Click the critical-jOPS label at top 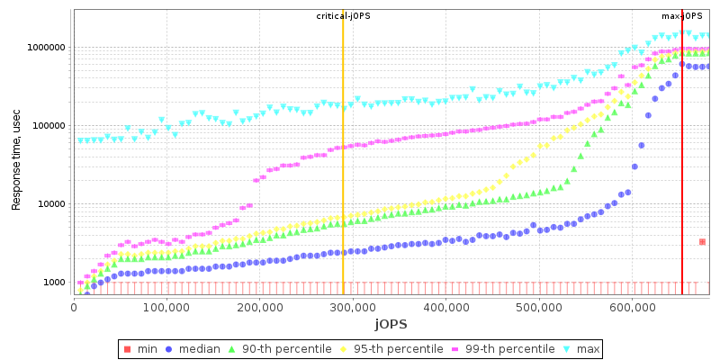coord(342,16)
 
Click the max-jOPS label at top coord(682,16)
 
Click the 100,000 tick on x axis coord(166,308)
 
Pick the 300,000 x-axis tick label coord(353,308)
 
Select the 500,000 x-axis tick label coord(539,308)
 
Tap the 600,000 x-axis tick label coord(632,308)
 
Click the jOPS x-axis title coord(391,323)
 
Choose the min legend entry coord(142,348)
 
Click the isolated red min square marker coord(702,241)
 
